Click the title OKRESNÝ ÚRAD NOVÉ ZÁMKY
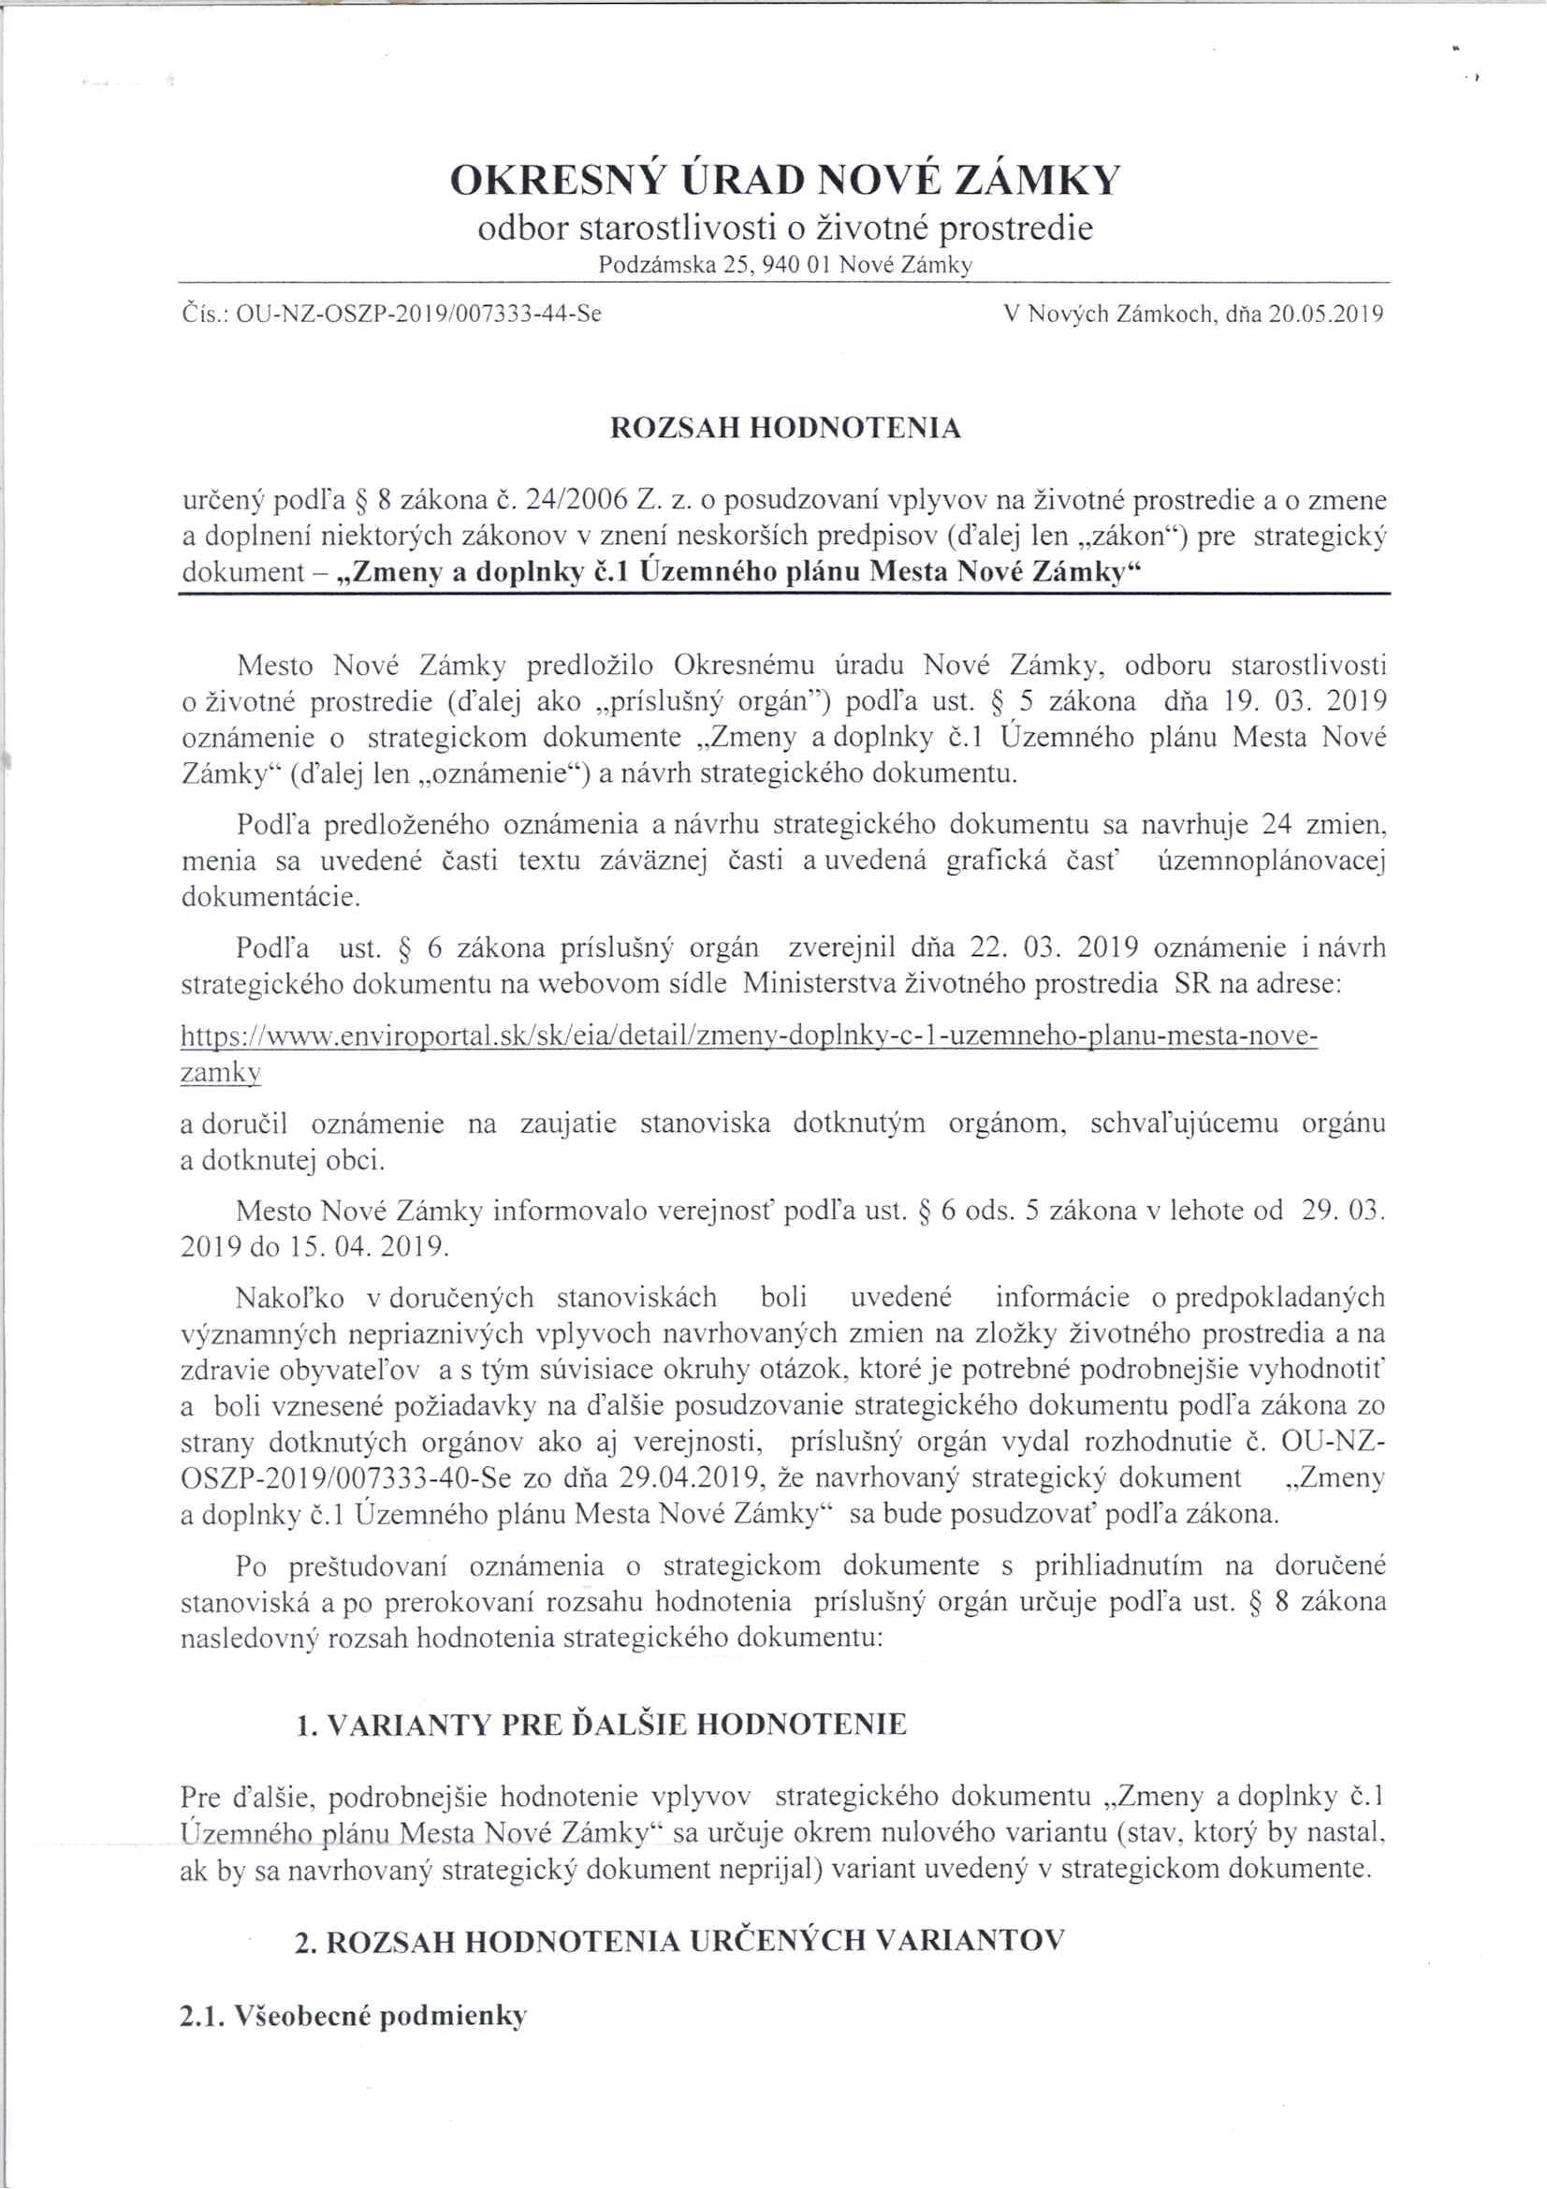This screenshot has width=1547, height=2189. pos(784,180)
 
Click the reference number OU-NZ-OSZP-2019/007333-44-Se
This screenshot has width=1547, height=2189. pos(418,314)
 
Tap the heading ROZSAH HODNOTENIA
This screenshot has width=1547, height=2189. pos(785,429)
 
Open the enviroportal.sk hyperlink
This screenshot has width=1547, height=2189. pos(749,1036)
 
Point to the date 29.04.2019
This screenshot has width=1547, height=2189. pos(692,1478)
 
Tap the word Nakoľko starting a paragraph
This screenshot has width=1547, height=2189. pos(289,1298)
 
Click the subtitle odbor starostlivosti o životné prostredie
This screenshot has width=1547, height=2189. pos(784,228)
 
